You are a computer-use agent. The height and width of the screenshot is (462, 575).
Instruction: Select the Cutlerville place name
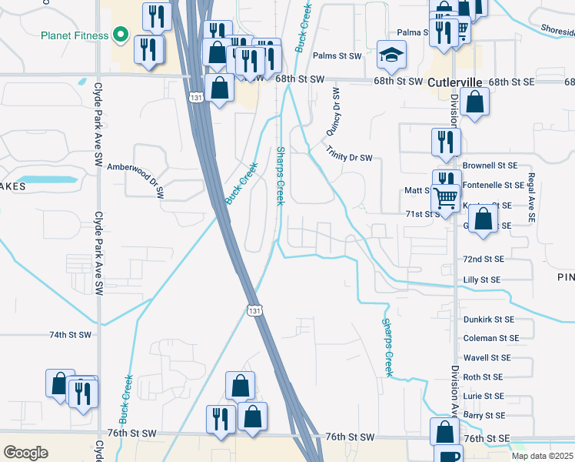point(454,82)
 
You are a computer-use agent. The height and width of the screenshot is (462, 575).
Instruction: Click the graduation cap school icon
point(392,55)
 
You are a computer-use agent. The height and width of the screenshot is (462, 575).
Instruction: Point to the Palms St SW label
point(337,56)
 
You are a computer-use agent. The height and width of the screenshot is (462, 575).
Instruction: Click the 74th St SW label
point(70,335)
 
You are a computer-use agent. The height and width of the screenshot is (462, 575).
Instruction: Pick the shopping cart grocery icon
point(446,197)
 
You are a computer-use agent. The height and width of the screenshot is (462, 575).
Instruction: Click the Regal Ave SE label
point(530,198)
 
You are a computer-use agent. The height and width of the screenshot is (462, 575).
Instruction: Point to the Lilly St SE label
point(482,280)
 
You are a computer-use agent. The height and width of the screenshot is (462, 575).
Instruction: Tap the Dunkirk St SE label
point(488,319)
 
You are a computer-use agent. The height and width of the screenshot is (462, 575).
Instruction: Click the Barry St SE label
point(484,415)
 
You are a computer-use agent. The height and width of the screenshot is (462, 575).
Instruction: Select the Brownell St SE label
point(490,166)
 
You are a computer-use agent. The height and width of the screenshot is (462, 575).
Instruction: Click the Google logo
point(25,453)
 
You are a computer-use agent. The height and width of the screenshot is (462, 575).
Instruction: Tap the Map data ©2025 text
point(542,456)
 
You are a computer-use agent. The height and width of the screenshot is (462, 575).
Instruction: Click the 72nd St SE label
point(484,259)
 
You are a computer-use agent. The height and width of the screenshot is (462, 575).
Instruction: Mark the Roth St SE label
point(483,377)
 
